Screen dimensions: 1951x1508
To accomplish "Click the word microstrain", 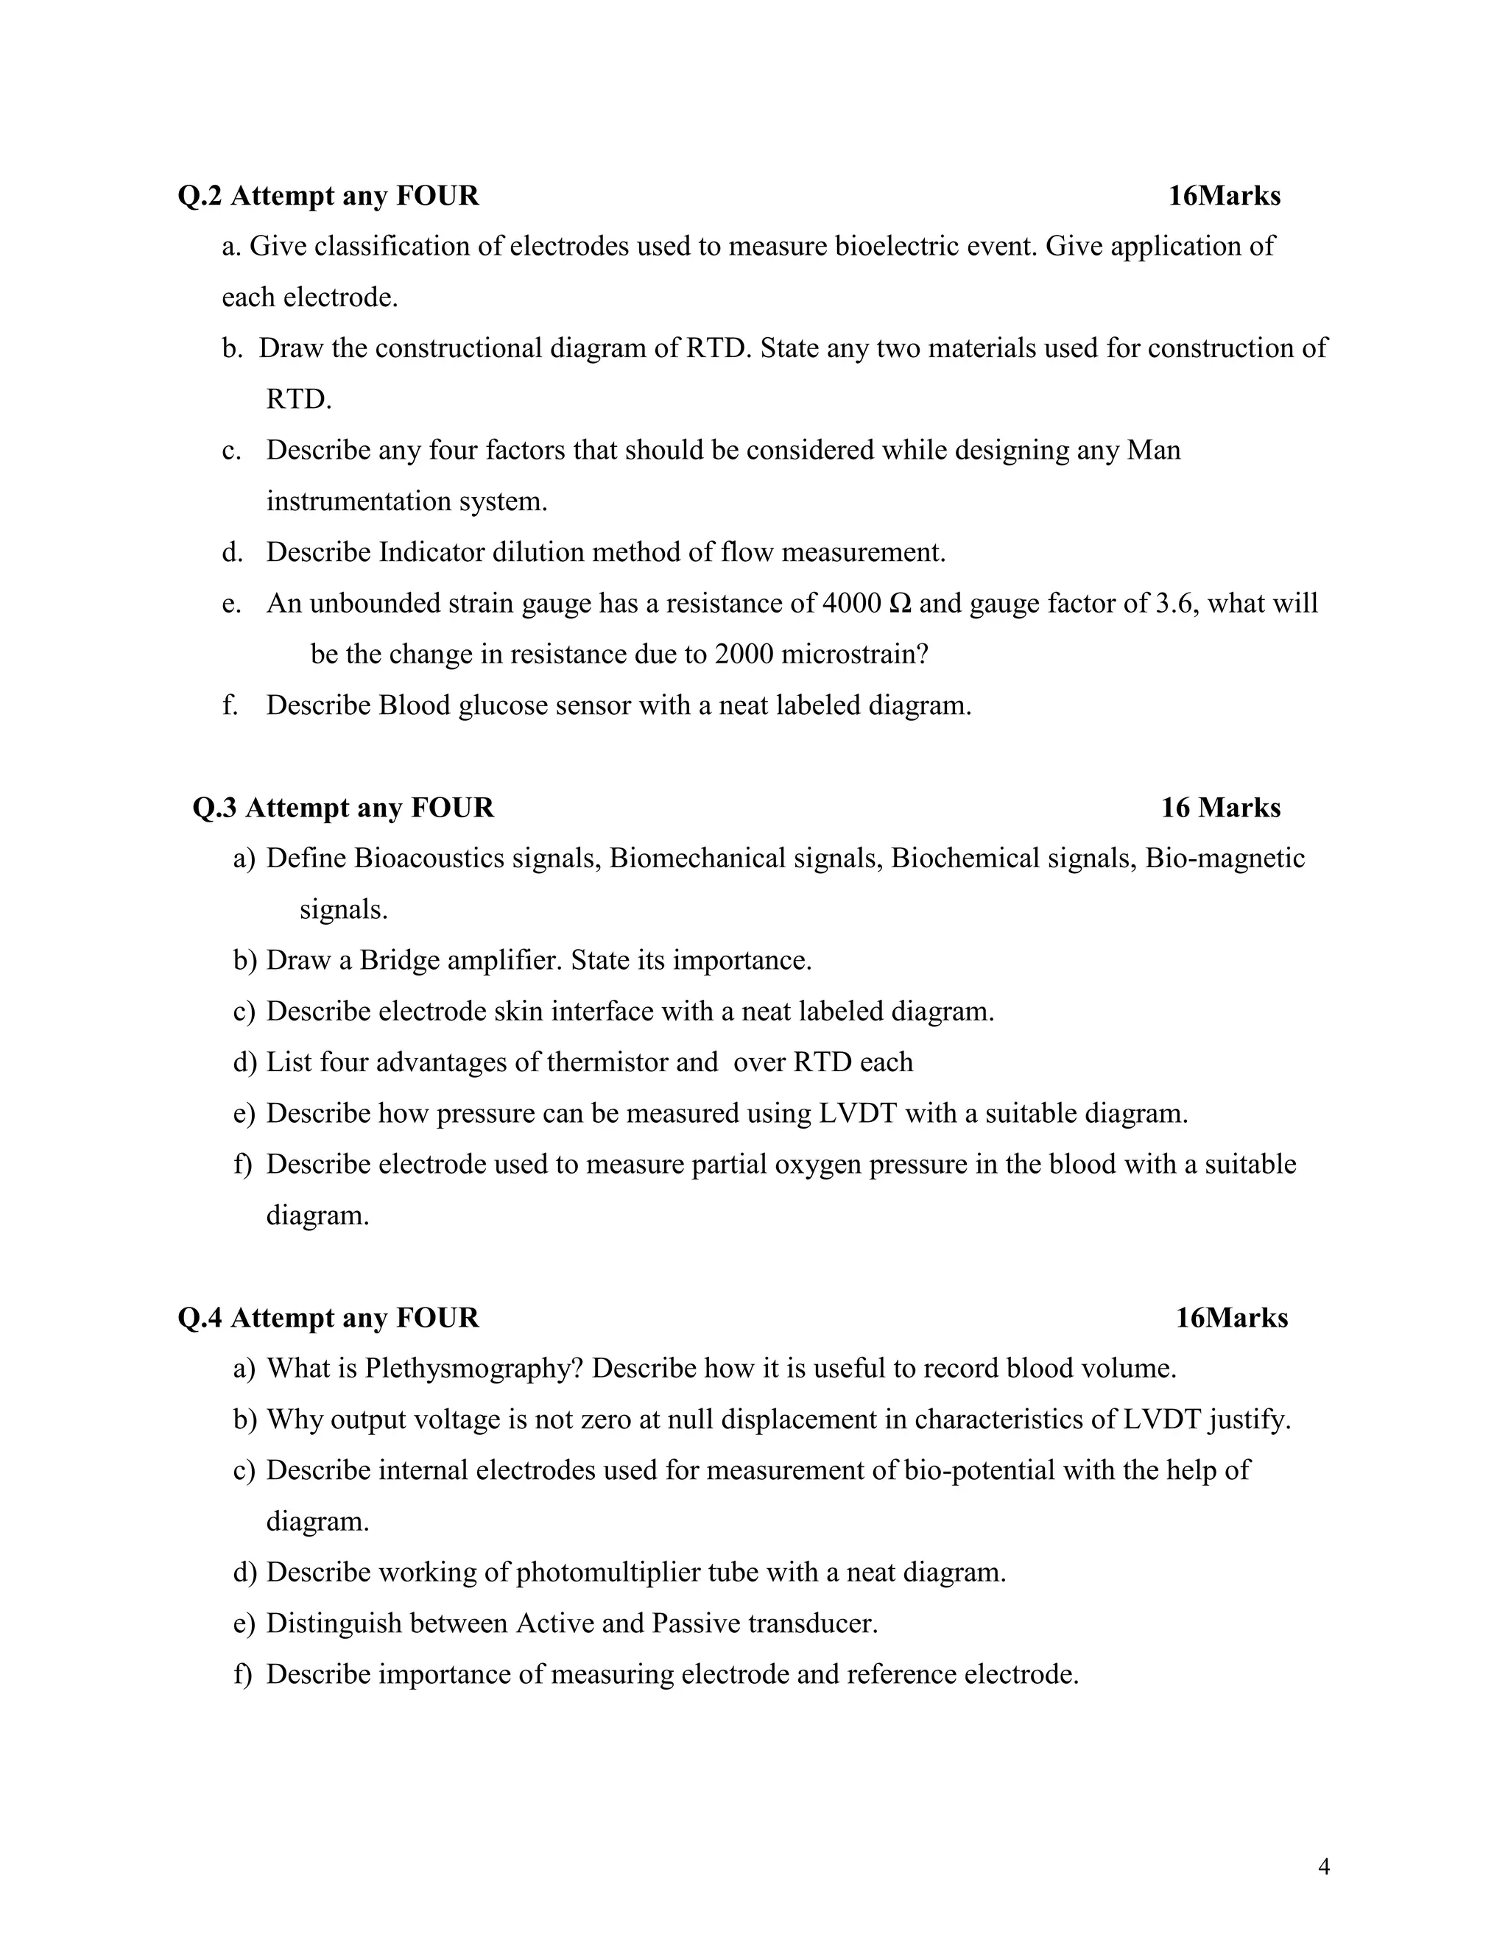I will [x=854, y=655].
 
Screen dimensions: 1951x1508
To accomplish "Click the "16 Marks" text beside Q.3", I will [x=1220, y=808].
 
